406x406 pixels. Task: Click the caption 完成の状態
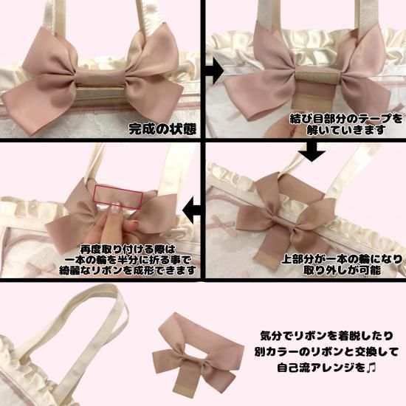[162, 129]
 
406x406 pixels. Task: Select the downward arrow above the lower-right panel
[312, 152]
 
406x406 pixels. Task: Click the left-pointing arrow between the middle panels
[192, 210]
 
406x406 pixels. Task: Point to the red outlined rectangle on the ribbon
[118, 197]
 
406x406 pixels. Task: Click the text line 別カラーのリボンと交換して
[326, 352]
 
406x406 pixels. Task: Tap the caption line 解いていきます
[346, 129]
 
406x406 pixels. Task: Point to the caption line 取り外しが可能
[342, 270]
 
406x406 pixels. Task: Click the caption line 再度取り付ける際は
[128, 250]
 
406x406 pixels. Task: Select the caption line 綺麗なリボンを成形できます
[128, 270]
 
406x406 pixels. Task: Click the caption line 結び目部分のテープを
[346, 119]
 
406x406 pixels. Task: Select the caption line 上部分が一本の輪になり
[342, 259]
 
